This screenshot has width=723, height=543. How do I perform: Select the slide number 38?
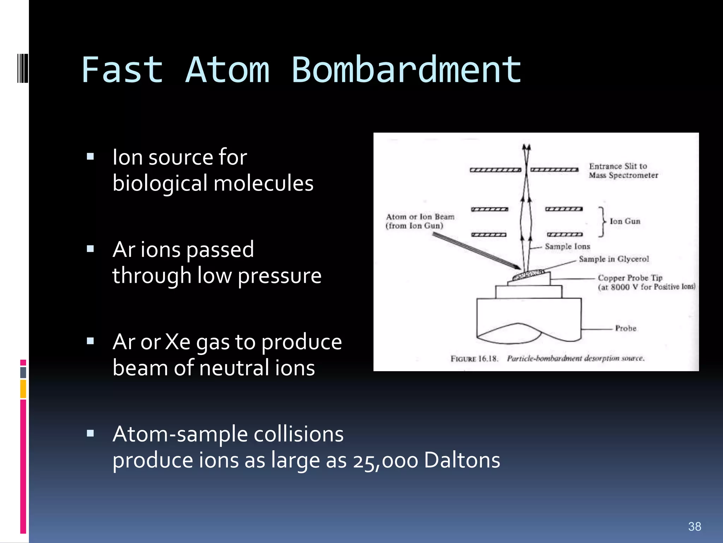(694, 526)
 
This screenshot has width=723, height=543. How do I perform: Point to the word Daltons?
(462, 460)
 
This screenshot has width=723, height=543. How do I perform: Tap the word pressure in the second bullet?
(279, 276)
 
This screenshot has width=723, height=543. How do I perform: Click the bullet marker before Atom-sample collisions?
(90, 433)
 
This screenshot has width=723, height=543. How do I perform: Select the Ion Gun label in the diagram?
(625, 221)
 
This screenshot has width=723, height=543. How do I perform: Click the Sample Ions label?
(567, 246)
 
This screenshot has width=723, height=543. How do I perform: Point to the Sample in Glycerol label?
(614, 259)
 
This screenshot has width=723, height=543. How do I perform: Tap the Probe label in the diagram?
(625, 328)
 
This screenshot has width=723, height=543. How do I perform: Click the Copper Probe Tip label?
(630, 278)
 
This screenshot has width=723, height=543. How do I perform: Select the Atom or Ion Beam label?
(420, 217)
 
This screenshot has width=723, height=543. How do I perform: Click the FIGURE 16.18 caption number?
(474, 359)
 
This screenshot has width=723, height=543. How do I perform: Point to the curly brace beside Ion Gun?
(602, 222)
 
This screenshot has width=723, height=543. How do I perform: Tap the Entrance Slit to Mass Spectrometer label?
(623, 171)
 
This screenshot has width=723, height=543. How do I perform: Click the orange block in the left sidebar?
(23, 389)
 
